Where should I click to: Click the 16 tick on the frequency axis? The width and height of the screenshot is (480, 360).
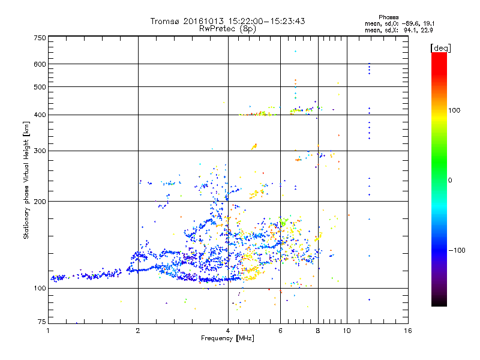[x=408, y=331]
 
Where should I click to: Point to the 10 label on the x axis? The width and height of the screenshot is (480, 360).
[x=346, y=331]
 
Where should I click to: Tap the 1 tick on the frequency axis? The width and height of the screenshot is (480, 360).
[x=48, y=331]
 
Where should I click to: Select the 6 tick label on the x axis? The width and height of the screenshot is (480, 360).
[x=280, y=331]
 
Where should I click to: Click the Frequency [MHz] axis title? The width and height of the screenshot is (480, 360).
[x=227, y=338]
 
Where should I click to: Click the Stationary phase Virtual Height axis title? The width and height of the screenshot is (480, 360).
[x=26, y=180]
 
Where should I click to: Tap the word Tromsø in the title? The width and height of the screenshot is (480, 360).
[x=164, y=22]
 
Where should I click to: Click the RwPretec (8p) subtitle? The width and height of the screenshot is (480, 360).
[x=228, y=28]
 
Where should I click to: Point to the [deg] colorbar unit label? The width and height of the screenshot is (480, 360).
[x=440, y=47]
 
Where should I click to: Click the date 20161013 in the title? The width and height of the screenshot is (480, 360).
[x=203, y=22]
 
